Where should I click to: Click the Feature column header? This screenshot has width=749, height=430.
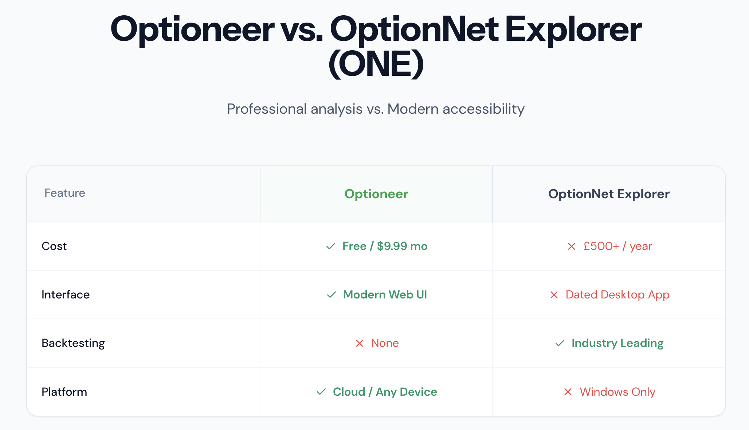[x=65, y=193]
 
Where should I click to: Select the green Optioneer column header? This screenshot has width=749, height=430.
[x=376, y=194]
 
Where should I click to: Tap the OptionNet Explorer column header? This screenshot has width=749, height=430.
[x=609, y=194]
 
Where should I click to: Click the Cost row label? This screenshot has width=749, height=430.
[x=54, y=246]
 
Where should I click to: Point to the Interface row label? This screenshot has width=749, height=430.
[x=66, y=294]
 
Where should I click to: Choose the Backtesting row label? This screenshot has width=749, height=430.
[x=73, y=343]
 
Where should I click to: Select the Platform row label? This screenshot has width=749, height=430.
[x=64, y=392]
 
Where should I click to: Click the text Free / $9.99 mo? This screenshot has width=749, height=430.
[x=385, y=246]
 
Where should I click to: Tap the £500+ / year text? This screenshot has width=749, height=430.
[x=617, y=246]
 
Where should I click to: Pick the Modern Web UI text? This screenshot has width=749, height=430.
[x=385, y=295]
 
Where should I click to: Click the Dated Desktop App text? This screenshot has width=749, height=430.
[x=617, y=295]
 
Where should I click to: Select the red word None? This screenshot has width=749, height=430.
[x=385, y=343]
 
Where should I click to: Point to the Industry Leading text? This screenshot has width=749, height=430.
[x=617, y=343]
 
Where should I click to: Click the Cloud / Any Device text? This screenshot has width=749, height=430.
[x=385, y=392]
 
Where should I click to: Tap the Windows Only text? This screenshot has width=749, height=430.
[x=617, y=392]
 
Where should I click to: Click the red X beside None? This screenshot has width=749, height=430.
[x=360, y=343]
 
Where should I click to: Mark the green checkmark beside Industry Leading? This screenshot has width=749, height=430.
[x=560, y=343]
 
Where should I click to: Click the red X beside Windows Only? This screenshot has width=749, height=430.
[x=568, y=392]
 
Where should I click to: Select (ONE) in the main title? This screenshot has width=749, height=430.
[x=376, y=64]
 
